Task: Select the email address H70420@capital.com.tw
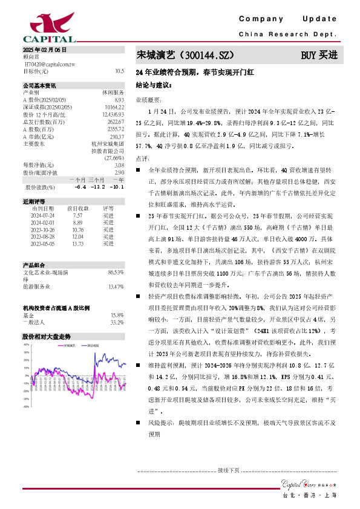coord(50,63)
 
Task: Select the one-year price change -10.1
coord(117,186)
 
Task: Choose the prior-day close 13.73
coord(77,244)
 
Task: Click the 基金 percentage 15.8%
coord(117,315)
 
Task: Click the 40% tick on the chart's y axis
coord(26,345)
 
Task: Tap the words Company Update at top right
coord(287,19)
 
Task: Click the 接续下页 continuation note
coord(228,470)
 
